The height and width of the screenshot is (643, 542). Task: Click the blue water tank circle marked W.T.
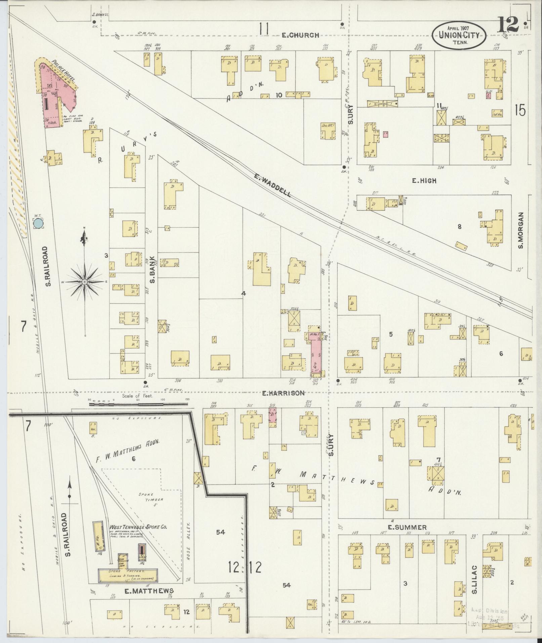click(x=39, y=223)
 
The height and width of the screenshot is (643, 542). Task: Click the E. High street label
click(x=424, y=181)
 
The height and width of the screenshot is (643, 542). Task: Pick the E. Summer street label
click(x=407, y=527)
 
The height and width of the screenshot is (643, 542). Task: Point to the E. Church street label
click(x=300, y=35)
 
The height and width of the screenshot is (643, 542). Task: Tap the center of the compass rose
click(x=85, y=281)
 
